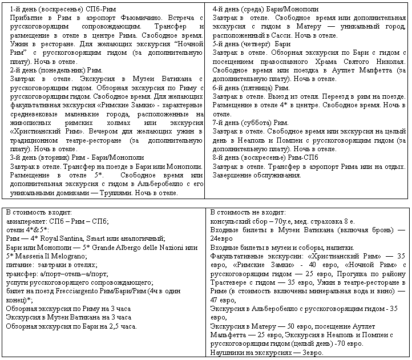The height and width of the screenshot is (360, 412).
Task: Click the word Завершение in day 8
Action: click(231, 175)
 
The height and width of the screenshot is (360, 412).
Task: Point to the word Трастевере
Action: click(231, 283)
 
